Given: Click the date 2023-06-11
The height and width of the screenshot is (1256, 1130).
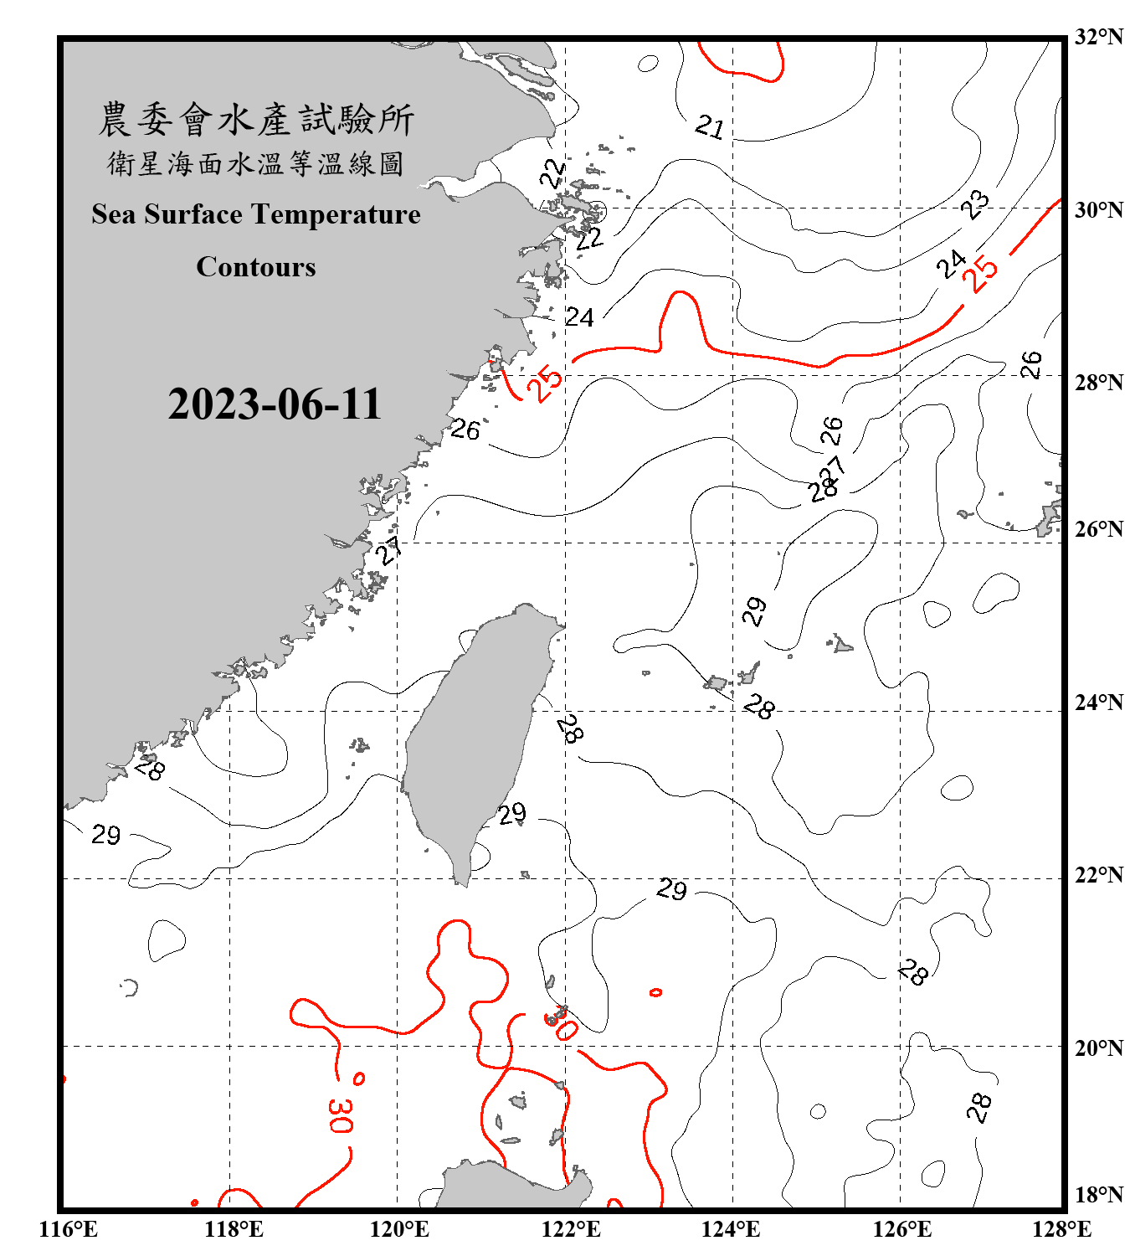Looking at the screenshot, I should point(275,404).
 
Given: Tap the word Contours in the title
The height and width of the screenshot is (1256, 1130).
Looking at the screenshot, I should point(256,267).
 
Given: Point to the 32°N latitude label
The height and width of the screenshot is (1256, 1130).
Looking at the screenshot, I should point(1098,37).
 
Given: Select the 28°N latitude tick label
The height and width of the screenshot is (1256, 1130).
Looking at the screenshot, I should point(1098,383).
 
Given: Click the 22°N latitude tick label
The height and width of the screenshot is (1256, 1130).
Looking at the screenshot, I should point(1098,875).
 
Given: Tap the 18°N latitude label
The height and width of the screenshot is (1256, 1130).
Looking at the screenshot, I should point(1098,1195).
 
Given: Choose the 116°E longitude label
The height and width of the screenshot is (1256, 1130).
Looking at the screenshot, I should point(69,1229).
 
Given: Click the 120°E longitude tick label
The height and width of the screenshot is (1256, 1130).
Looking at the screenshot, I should point(399,1229).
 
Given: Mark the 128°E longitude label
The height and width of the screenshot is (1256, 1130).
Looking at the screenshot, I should point(1061,1229).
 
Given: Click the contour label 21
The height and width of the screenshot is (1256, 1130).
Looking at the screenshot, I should point(710,127).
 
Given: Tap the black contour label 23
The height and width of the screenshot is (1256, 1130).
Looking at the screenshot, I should point(975,204).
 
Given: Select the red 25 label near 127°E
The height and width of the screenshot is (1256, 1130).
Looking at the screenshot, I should point(981,273).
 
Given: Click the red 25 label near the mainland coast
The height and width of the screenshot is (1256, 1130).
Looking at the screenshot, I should point(545,383).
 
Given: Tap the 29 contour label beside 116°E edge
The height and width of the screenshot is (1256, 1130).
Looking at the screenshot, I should point(106,835).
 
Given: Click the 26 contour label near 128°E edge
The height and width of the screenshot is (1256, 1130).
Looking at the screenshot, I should point(1031,365).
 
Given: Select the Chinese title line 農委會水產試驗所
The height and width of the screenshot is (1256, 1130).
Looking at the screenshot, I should point(256,120).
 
